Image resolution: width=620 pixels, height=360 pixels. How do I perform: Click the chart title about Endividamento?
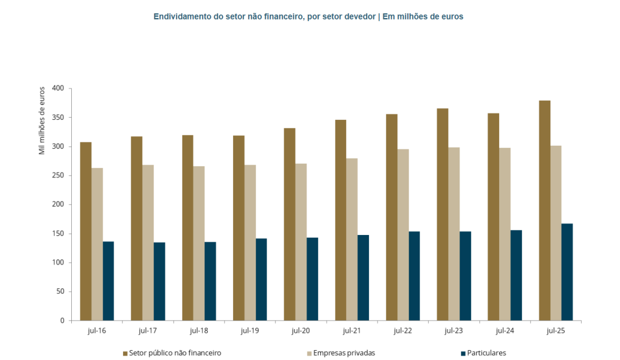[308, 17]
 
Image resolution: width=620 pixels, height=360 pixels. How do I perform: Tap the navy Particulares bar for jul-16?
[108, 281]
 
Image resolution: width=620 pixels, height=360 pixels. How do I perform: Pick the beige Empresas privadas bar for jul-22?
[402, 235]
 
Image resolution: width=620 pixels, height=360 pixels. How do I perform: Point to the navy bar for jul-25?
[567, 272]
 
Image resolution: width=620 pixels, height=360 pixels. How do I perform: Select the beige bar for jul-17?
[148, 243]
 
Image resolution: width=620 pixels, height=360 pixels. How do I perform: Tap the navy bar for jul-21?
[363, 278]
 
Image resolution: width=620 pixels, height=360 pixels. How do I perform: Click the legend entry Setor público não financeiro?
[172, 353]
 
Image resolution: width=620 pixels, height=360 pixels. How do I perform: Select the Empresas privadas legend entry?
[340, 353]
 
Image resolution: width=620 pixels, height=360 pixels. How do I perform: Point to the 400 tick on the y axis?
[58, 88]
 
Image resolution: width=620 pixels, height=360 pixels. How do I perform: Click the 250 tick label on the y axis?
[58, 176]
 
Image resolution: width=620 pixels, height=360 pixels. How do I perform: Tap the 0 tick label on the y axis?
[62, 321]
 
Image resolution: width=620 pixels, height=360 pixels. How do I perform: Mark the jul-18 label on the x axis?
[199, 331]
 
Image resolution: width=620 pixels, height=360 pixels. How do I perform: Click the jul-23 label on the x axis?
[454, 331]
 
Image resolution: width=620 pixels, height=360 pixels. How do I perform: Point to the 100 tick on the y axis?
[58, 262]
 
